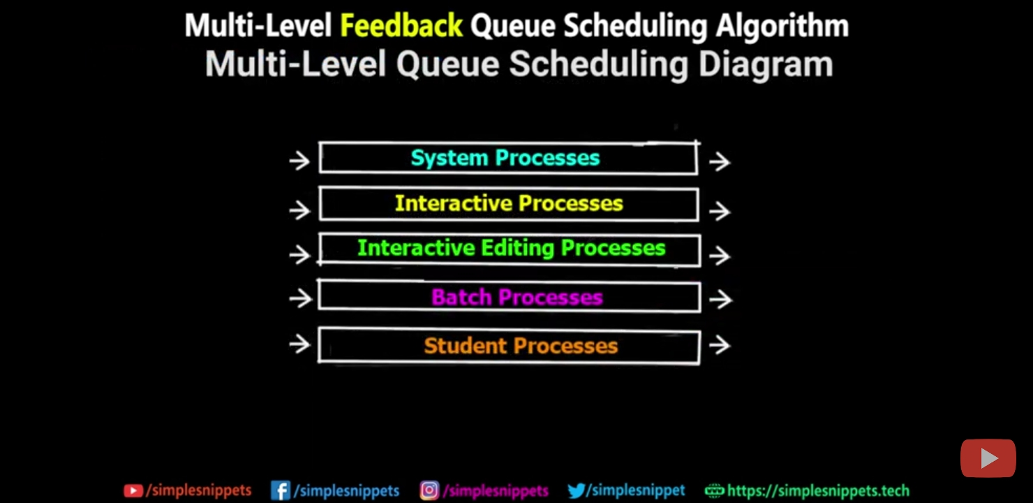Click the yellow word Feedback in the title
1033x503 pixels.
pos(401,27)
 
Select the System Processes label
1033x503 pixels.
pos(505,158)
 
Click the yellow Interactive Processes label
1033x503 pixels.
pos(509,203)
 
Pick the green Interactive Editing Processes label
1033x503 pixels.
pos(511,248)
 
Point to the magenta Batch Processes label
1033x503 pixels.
pos(516,298)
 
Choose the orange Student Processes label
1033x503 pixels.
pos(521,346)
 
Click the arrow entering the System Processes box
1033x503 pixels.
pos(299,161)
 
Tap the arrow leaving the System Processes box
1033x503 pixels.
pos(720,162)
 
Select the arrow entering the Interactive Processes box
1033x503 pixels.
pos(299,210)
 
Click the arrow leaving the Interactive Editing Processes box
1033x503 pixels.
pos(720,256)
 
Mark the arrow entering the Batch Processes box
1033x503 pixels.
pos(300,299)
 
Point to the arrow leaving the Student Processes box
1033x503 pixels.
pos(720,345)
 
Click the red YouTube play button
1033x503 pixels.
pos(988,458)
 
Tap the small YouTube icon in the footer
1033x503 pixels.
pos(133,491)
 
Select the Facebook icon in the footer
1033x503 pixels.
pos(280,491)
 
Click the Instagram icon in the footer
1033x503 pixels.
pos(429,491)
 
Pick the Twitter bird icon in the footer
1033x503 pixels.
pos(576,491)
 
